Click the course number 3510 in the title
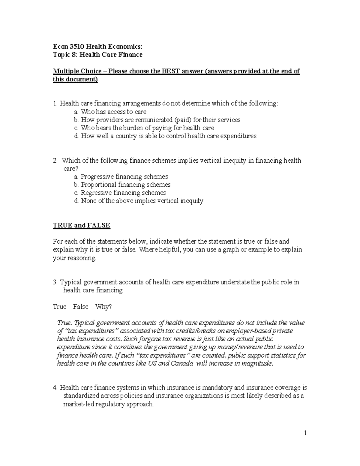77,46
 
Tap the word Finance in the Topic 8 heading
131,54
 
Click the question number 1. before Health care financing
55,104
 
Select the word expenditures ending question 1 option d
238,136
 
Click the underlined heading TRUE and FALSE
82,225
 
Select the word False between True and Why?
81,307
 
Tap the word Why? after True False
103,307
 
